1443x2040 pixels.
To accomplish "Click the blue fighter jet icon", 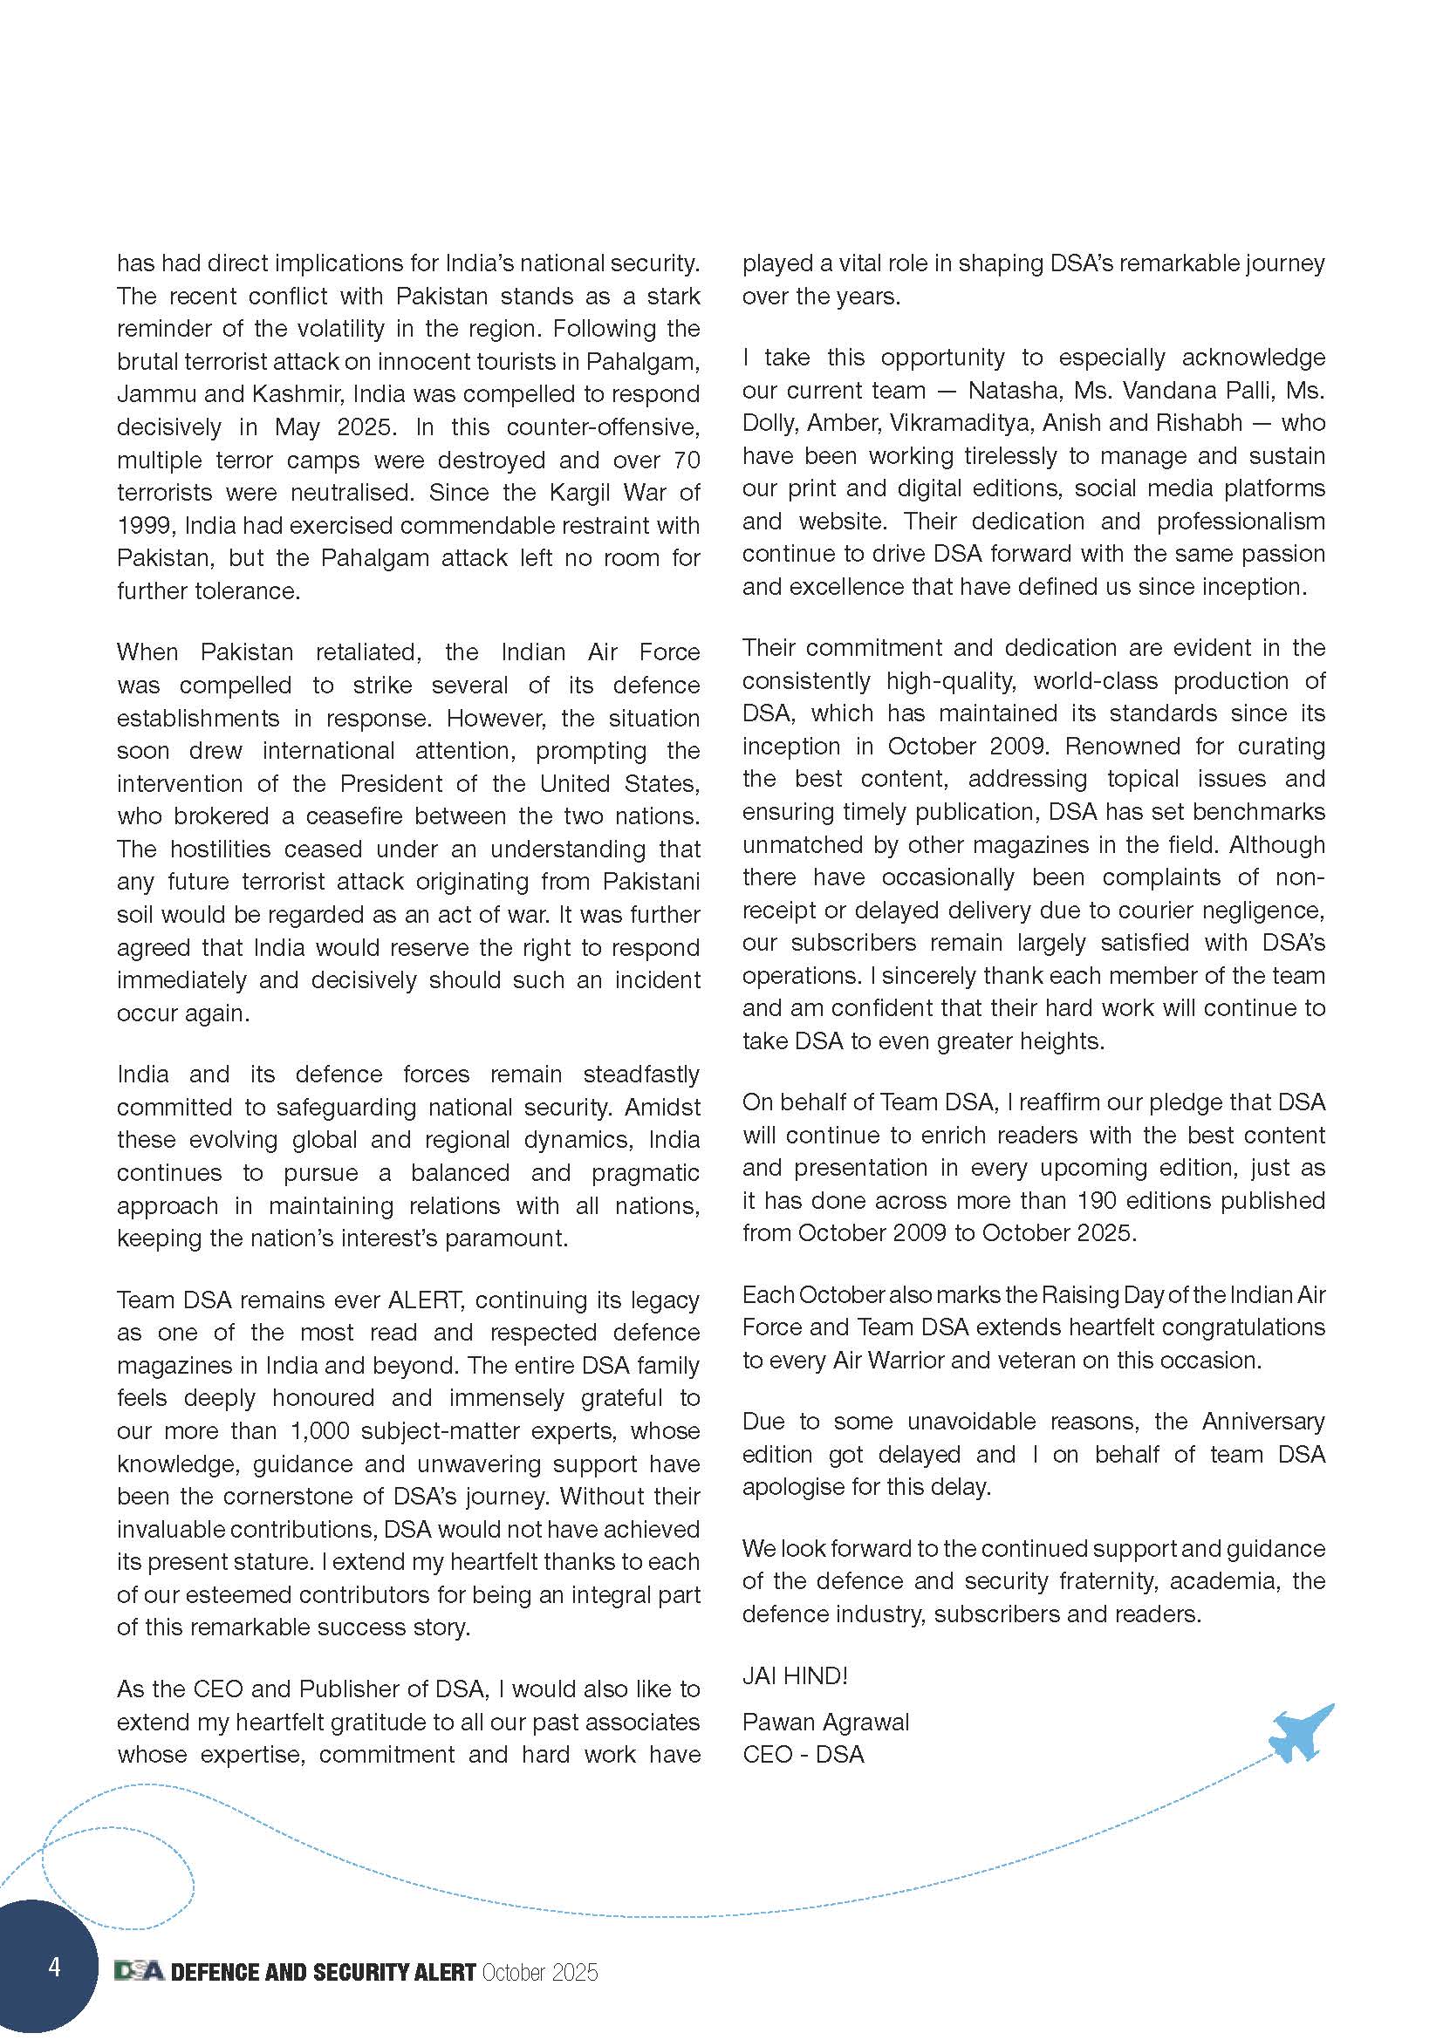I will (1300, 1732).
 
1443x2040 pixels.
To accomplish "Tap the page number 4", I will (55, 1966).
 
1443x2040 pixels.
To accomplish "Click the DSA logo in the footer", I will (140, 1972).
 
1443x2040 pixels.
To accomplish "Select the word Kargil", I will (582, 492).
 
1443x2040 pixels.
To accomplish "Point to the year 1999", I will (145, 525).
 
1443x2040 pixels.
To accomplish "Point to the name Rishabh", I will (1200, 423).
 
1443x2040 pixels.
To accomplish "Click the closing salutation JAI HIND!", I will (796, 1675).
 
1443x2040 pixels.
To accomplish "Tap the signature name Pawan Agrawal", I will (825, 1722).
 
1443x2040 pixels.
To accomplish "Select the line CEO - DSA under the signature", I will (804, 1755).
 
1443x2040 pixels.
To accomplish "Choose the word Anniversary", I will (1262, 1421).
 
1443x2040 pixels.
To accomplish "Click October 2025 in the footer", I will (539, 1973).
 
